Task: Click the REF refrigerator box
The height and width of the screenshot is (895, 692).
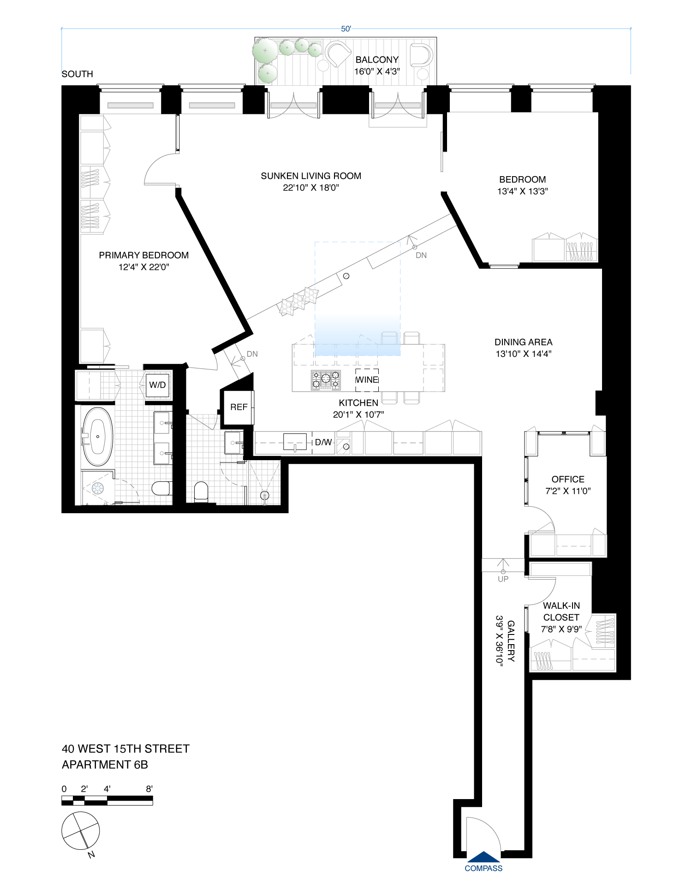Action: coord(239,407)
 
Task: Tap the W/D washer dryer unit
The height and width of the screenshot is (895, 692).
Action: coord(157,385)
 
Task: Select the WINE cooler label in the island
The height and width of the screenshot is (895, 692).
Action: coord(367,380)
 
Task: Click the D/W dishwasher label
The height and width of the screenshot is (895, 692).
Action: coord(323,442)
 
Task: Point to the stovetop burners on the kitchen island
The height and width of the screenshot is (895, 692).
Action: coord(326,380)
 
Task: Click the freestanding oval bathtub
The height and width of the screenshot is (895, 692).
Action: coord(98,436)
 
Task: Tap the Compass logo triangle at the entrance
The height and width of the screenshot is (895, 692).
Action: coord(483,857)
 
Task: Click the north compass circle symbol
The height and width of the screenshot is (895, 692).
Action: coord(81,831)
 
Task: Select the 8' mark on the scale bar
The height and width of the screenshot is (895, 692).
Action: coord(149,789)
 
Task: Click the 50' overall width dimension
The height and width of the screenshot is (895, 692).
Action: coord(346,29)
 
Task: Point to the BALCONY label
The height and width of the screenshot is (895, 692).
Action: coord(377,59)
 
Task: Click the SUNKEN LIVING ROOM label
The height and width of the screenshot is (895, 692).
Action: coord(311,176)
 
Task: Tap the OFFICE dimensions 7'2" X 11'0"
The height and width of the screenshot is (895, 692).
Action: coord(568,491)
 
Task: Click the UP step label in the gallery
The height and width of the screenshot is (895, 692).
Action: coord(503,579)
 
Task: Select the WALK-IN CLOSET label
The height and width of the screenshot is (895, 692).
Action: coord(561,611)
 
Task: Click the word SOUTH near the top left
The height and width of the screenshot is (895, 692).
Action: coord(78,74)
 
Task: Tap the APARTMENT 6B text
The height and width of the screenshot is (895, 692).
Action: coord(105,765)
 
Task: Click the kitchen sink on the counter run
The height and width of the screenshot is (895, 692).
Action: coord(295,442)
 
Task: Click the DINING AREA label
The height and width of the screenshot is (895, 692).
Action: coord(523,342)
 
